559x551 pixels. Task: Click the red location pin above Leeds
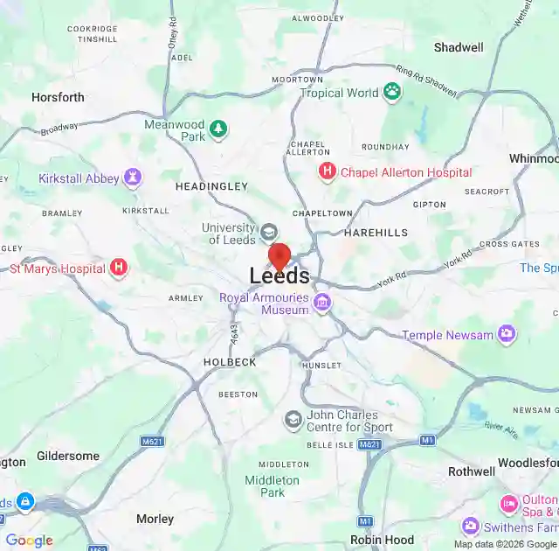[279, 256]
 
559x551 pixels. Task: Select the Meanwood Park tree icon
[217, 130]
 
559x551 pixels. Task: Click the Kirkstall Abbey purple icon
[132, 178]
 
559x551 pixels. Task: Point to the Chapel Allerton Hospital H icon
[328, 172]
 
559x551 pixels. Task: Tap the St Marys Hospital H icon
[119, 269]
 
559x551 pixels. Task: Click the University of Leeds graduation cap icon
[269, 234]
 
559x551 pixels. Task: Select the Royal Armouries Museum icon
[322, 303]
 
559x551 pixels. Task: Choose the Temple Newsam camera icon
[507, 334]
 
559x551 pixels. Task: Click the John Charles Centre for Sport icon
[293, 421]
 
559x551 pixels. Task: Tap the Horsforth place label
[58, 97]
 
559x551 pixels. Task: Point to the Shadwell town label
[459, 47]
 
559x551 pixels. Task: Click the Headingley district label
[211, 186]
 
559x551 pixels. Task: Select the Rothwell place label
[471, 471]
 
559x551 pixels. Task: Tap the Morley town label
[155, 519]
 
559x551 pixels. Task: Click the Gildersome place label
[68, 457]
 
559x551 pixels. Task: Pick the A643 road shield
[233, 332]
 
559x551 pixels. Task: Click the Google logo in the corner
[29, 541]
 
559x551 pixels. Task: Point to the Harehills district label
[376, 233]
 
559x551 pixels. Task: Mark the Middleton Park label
[272, 486]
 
